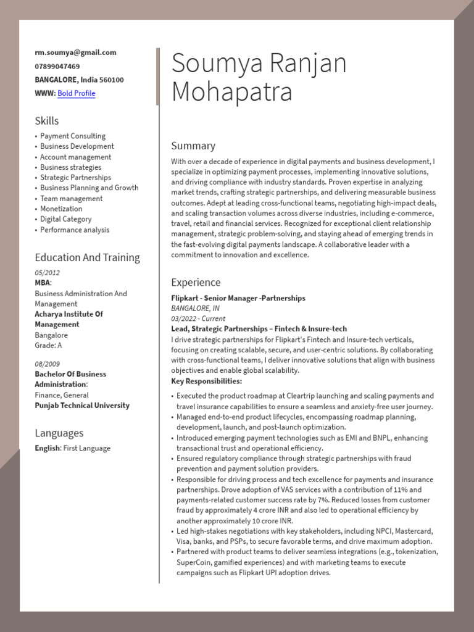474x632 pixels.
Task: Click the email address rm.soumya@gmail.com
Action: pyautogui.click(x=75, y=53)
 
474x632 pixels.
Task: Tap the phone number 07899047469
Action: pyautogui.click(x=57, y=67)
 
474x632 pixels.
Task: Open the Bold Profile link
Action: pyautogui.click(x=77, y=94)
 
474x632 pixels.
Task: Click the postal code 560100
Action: pyautogui.click(x=112, y=80)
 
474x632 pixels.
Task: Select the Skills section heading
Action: pyautogui.click(x=47, y=121)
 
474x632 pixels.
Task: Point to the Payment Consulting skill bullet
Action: pyautogui.click(x=73, y=136)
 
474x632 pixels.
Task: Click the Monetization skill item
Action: pyautogui.click(x=61, y=209)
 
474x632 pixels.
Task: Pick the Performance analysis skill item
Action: pyautogui.click(x=75, y=230)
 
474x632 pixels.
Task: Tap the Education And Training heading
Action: pyautogui.click(x=87, y=258)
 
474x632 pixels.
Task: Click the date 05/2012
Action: pyautogui.click(x=48, y=273)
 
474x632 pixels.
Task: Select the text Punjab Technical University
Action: pyautogui.click(x=82, y=406)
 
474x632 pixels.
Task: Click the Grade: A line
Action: pyautogui.click(x=49, y=346)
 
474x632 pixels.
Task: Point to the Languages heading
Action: pyautogui.click(x=59, y=433)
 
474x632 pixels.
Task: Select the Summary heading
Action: pyautogui.click(x=193, y=146)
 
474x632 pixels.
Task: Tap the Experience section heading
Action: pyautogui.click(x=196, y=283)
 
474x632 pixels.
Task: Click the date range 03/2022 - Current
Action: pyautogui.click(x=198, y=319)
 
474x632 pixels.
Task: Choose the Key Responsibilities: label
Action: pyautogui.click(x=206, y=381)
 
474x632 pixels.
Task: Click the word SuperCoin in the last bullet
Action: pyautogui.click(x=194, y=563)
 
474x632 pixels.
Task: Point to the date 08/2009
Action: pyautogui.click(x=48, y=364)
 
